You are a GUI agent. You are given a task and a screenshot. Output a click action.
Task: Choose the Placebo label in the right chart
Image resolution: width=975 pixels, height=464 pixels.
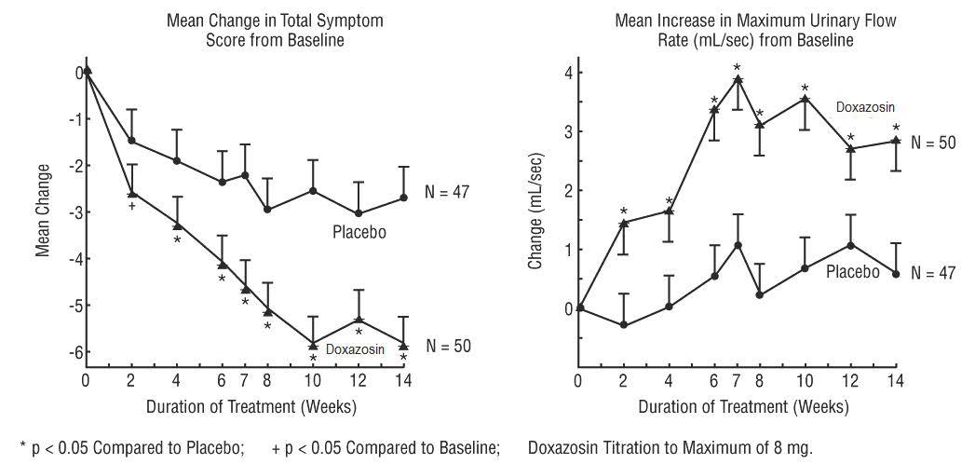click(853, 272)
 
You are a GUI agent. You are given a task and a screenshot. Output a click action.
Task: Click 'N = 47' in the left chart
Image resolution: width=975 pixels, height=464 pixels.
click(449, 192)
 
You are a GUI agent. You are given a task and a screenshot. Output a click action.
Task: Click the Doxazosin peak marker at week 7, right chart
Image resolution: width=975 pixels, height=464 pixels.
click(737, 79)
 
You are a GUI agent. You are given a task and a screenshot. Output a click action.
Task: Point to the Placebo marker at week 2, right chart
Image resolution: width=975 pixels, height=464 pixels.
click(623, 325)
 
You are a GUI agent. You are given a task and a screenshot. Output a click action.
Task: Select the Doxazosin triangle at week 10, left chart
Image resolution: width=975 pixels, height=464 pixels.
click(313, 344)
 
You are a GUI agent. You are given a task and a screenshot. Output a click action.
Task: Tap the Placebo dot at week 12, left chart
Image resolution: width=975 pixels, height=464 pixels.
click(359, 213)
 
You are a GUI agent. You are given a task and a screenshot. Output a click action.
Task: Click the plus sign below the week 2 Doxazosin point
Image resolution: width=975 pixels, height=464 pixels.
click(132, 206)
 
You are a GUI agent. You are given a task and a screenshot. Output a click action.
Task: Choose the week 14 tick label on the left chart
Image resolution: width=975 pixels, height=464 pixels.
click(404, 380)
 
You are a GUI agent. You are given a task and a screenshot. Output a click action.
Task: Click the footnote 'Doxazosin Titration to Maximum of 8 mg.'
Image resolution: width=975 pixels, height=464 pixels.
click(670, 447)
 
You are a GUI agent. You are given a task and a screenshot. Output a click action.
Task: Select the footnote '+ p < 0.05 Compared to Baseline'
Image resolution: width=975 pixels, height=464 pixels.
click(385, 447)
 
